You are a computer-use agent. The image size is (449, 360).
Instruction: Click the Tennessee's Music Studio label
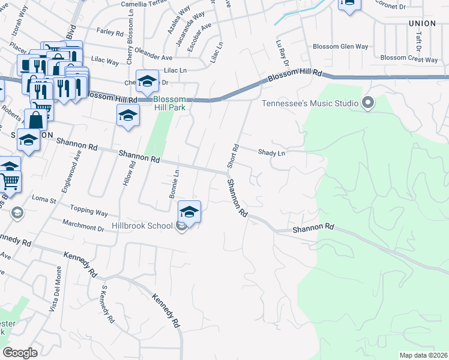tap(309, 103)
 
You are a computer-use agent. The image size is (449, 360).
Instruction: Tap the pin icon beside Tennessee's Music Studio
tap(368, 103)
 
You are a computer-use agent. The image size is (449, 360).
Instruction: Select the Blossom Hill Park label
tap(170, 104)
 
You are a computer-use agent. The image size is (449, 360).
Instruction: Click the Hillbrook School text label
tap(142, 226)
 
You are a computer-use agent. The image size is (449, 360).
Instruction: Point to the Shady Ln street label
tap(271, 153)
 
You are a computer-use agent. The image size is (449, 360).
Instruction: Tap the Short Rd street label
tap(233, 156)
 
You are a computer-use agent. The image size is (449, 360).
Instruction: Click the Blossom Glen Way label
tap(340, 46)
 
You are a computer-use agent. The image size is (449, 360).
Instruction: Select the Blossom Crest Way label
tap(409, 59)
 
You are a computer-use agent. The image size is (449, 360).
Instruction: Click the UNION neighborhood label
tap(421, 23)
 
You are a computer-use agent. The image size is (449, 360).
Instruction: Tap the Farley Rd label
tap(109, 32)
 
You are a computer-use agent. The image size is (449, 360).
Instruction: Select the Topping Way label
tap(89, 212)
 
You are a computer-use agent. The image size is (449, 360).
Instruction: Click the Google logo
tap(20, 353)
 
